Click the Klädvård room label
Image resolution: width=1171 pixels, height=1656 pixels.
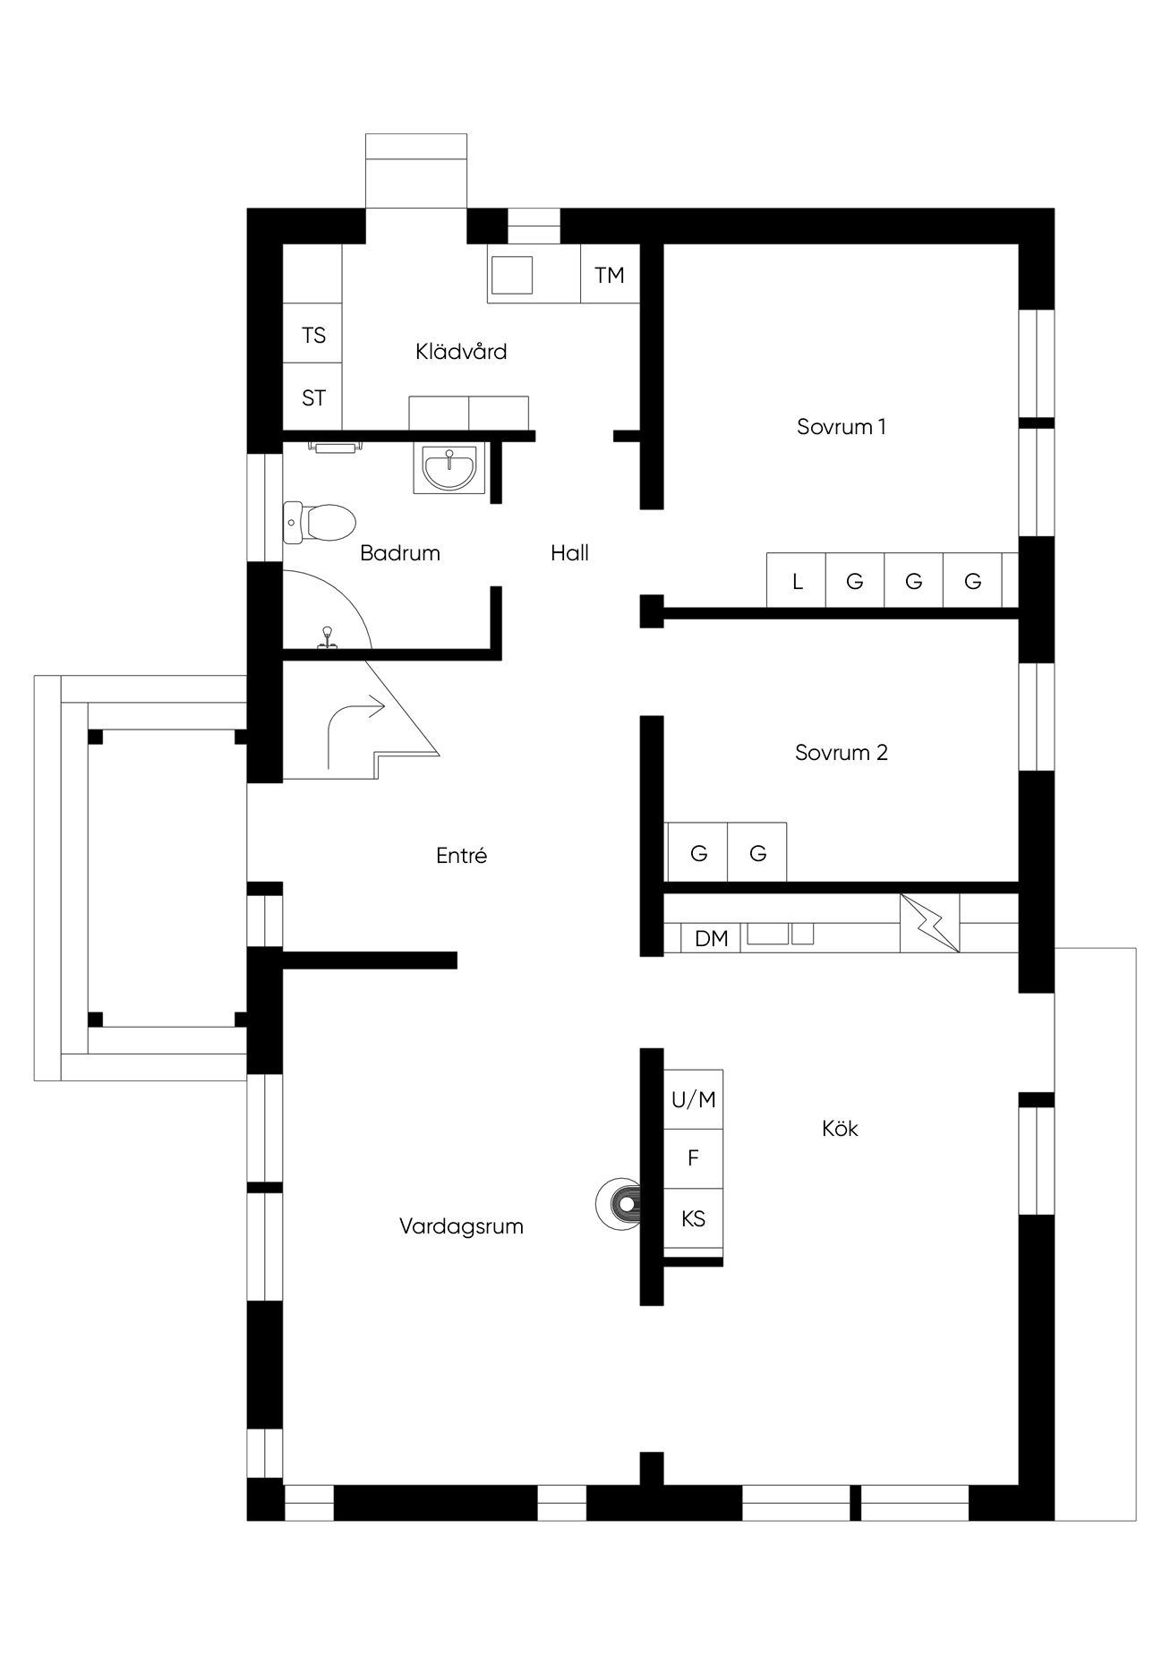point(461,351)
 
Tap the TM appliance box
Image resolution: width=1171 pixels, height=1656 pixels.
point(611,273)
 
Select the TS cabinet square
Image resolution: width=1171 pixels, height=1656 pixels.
point(312,334)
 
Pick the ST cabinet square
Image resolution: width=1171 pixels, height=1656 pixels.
point(312,397)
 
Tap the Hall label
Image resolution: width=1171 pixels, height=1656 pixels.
point(569,553)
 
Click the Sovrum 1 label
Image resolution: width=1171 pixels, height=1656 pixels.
point(841,426)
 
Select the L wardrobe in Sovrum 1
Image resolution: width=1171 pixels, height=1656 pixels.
point(797,581)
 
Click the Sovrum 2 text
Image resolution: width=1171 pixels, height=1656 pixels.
point(841,752)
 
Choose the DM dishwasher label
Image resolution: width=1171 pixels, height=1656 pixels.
point(711,938)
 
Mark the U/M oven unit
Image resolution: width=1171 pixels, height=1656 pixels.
point(693,1099)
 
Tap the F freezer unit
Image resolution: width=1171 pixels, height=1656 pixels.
point(693,1158)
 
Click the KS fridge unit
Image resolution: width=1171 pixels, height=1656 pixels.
point(693,1218)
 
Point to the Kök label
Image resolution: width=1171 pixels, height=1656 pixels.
point(840,1128)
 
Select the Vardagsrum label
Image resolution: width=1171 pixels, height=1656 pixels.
point(461,1226)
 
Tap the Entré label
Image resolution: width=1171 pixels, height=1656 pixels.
point(461,855)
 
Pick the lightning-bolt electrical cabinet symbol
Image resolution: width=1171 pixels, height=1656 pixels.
point(929,922)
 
